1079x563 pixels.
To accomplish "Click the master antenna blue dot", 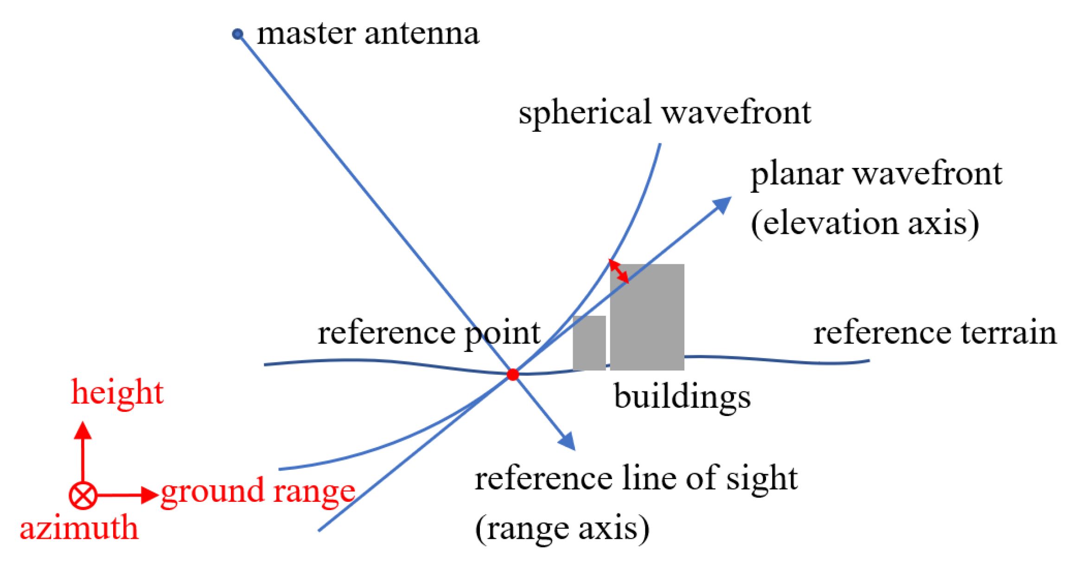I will [237, 34].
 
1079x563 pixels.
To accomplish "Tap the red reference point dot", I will [512, 374].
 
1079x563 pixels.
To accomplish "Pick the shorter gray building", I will [589, 343].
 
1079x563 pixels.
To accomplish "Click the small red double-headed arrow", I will [618, 271].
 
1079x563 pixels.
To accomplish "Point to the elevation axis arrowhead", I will [723, 204].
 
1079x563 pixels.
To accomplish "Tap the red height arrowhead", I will [83, 430].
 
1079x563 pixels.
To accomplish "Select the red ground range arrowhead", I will [149, 495].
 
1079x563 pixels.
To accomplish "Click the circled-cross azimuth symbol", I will [83, 495].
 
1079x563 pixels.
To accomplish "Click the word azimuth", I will [79, 528].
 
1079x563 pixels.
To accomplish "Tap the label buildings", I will [682, 397].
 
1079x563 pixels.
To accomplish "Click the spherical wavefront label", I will [664, 113].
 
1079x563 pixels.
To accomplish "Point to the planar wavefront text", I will [876, 174].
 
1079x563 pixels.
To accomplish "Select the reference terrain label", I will [935, 333].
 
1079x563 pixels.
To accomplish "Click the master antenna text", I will [368, 34].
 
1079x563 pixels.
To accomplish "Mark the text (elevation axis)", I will [865, 223].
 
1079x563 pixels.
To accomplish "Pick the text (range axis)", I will [562, 528].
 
